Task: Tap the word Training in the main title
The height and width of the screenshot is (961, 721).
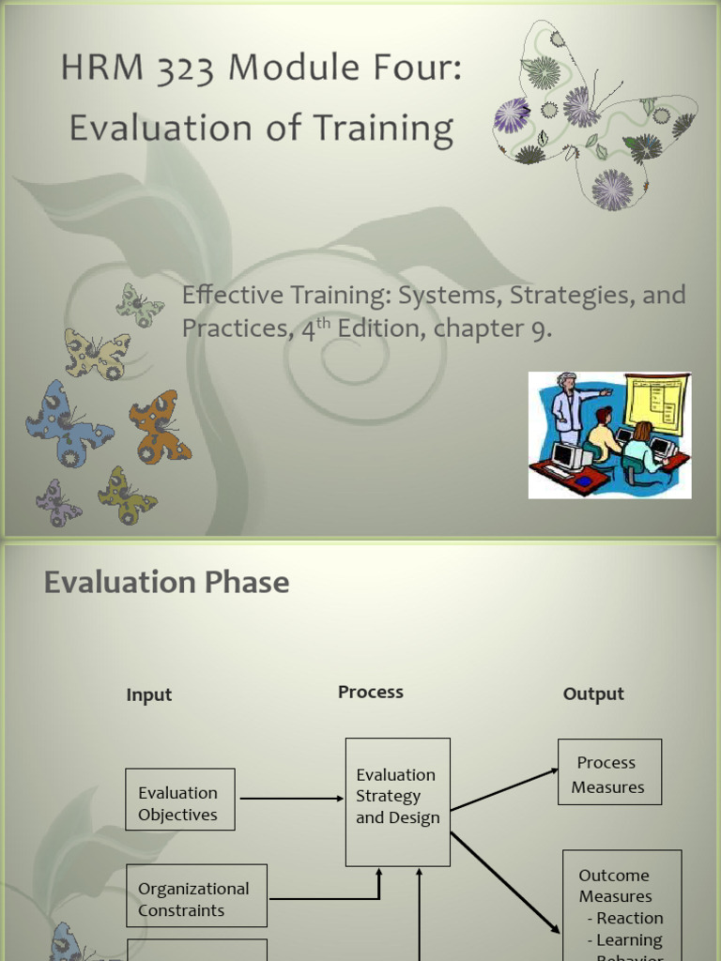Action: (381, 130)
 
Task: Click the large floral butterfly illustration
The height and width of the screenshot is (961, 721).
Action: (593, 114)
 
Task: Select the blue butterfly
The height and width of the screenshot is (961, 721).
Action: (66, 424)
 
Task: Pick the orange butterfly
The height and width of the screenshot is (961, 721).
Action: (159, 426)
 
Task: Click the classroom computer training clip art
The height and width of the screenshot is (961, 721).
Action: (609, 434)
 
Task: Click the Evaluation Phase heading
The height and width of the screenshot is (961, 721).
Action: (166, 583)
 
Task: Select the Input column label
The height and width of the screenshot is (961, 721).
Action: (149, 695)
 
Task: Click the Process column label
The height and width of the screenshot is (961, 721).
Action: (370, 693)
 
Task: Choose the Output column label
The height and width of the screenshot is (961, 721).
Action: (592, 694)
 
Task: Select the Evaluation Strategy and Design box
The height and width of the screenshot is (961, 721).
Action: (397, 801)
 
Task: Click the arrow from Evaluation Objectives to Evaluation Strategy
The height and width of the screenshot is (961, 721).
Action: (291, 799)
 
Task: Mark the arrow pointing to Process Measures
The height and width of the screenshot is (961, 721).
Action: (504, 790)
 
